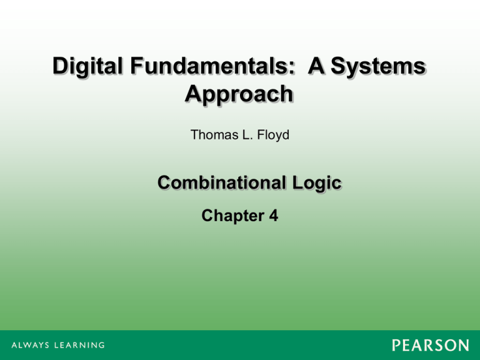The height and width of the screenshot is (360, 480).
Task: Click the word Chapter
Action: pos(228,216)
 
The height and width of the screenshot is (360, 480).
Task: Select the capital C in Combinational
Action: pos(165,183)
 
